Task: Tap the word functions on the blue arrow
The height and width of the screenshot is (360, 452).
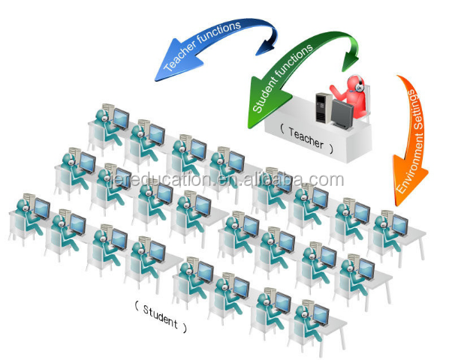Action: pyautogui.click(x=223, y=34)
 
